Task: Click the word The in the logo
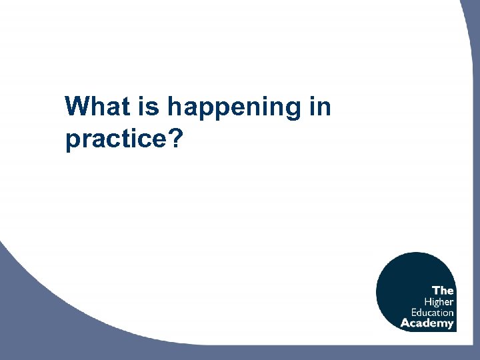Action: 443,290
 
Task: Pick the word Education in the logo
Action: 432,312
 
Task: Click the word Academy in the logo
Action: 427,323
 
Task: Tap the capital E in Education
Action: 413,312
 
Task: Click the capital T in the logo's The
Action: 436,290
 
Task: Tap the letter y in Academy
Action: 451,325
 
